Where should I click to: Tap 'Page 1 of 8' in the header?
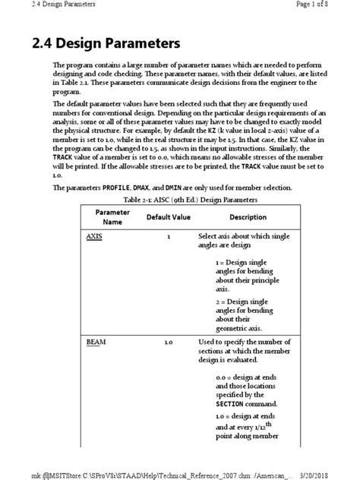(330, 7)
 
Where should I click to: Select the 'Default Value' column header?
(168, 217)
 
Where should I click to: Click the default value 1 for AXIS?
(168, 237)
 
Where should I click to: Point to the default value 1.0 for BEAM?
(168, 343)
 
